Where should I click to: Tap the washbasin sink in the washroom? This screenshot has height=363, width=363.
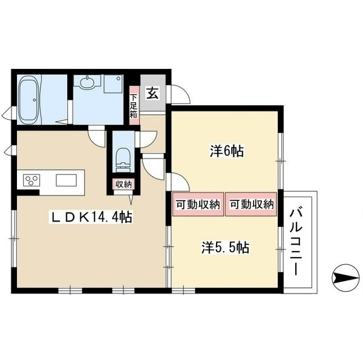point(87,82)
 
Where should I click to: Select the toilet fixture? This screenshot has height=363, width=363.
point(123,160)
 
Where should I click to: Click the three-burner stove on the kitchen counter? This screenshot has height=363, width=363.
point(31,180)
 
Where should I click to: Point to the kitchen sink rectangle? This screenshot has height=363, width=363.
point(66,180)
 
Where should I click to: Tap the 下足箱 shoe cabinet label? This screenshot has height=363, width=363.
point(134,105)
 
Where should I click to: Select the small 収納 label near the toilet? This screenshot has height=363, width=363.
point(123,185)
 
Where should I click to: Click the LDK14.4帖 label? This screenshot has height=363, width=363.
point(91,217)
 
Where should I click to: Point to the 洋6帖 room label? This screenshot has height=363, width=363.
point(227,151)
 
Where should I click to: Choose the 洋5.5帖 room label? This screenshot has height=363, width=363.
point(225,247)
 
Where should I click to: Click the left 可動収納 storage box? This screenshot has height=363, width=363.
point(198,204)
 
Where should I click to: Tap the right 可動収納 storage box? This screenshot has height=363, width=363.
point(251,204)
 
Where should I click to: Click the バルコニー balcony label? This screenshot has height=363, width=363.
point(296,242)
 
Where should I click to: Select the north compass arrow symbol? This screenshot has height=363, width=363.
point(345,277)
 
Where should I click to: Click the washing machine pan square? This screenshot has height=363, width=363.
point(113,83)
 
